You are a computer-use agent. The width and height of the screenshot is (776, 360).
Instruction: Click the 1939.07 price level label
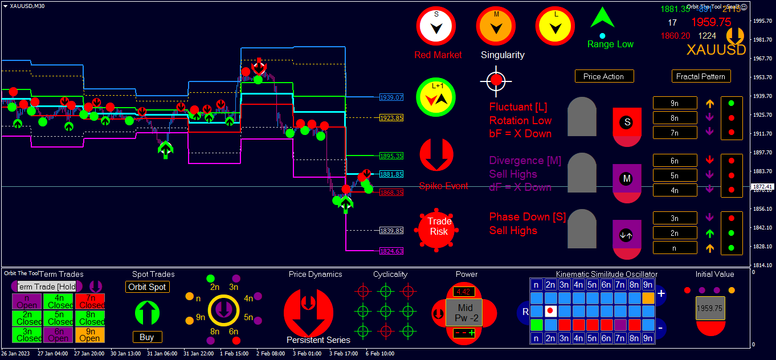[391, 97]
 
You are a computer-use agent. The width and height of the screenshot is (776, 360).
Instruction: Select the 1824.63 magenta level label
[391, 251]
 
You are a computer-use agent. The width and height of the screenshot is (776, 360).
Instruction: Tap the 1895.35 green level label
[391, 156]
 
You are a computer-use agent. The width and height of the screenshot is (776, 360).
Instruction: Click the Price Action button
[604, 76]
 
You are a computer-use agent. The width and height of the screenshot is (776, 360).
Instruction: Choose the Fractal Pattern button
[701, 76]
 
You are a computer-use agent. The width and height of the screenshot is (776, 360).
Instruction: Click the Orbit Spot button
[148, 287]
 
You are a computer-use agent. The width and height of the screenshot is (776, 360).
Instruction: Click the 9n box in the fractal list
[675, 103]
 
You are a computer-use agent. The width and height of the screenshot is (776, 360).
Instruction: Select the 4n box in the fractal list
[675, 190]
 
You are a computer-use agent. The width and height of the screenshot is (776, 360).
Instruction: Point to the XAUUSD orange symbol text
[716, 50]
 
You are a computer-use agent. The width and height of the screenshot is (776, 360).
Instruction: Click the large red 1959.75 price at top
[711, 22]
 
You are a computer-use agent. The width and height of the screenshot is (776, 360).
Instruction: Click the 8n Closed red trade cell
[92, 317]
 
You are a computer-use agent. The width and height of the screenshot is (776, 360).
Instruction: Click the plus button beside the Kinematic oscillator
[661, 294]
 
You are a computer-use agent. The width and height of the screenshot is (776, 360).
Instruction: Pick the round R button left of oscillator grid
[524, 312]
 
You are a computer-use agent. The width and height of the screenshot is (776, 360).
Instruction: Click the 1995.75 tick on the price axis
[762, 21]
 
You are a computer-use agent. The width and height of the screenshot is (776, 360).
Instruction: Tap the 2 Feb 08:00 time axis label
[270, 353]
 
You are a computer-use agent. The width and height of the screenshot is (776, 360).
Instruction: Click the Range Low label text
[610, 44]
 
